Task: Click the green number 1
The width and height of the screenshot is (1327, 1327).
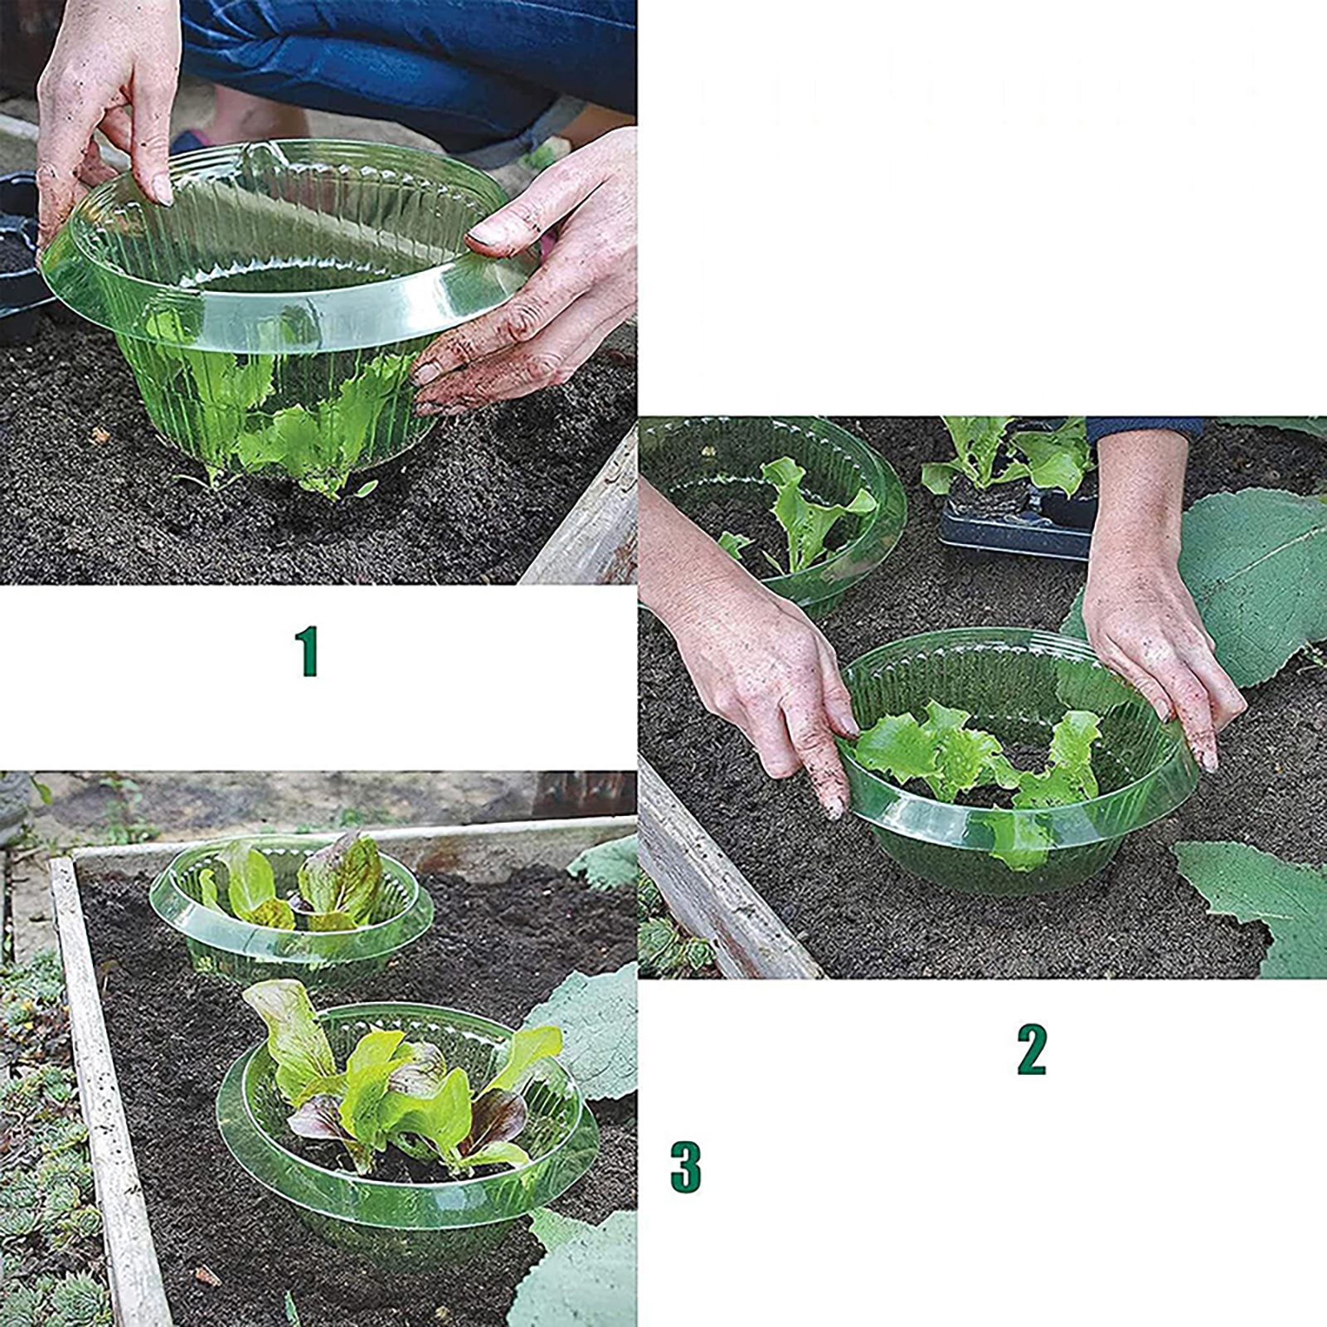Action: tap(308, 651)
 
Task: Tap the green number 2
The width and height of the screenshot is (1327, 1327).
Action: tap(1032, 1050)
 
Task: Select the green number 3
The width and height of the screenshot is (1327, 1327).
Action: tap(685, 1167)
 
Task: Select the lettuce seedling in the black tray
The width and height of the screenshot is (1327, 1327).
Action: tap(1008, 456)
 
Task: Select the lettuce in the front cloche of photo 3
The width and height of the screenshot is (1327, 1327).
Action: tap(398, 1078)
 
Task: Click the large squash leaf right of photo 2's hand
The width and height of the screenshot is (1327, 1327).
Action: tap(1244, 572)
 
